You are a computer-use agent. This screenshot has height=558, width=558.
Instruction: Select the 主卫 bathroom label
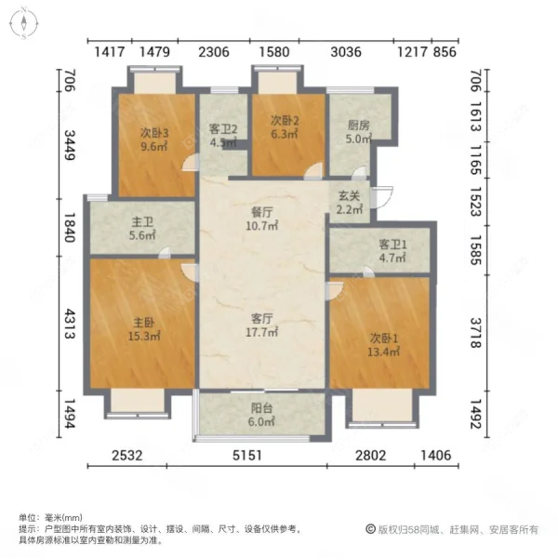click(x=141, y=221)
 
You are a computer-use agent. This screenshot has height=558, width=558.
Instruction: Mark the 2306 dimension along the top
click(x=214, y=52)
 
